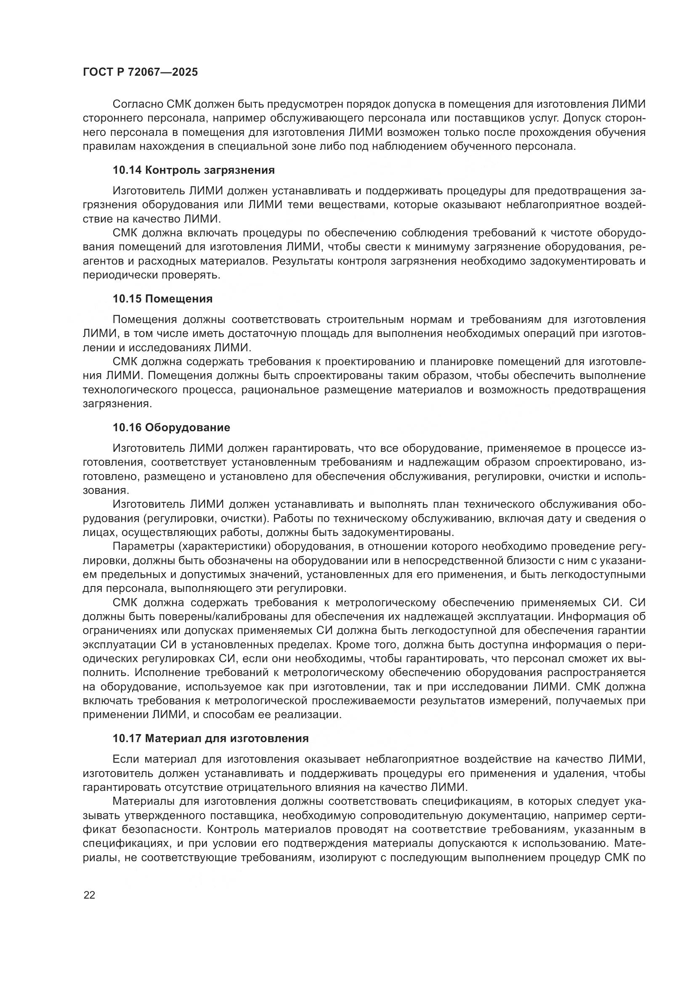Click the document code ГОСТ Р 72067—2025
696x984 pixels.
tap(140, 72)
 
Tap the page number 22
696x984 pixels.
tap(89, 895)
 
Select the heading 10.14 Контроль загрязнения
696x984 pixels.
tap(193, 170)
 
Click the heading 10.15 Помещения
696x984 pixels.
tap(162, 299)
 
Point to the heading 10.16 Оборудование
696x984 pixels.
tap(171, 427)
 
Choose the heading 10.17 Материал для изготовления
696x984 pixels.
tap(210, 738)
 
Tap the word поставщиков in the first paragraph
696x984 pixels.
tap(486, 118)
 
